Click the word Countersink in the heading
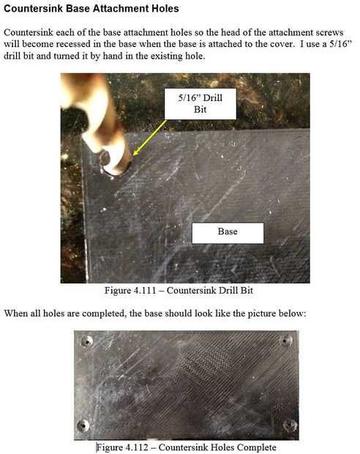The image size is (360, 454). [33, 8]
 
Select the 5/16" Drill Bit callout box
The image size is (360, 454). [200, 104]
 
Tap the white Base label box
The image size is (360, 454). [228, 233]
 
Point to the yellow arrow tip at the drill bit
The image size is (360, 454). [135, 155]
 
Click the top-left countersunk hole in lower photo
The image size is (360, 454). [87, 341]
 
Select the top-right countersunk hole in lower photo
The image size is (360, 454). [286, 340]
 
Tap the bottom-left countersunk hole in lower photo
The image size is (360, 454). [83, 425]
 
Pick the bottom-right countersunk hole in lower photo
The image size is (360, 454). [290, 425]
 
